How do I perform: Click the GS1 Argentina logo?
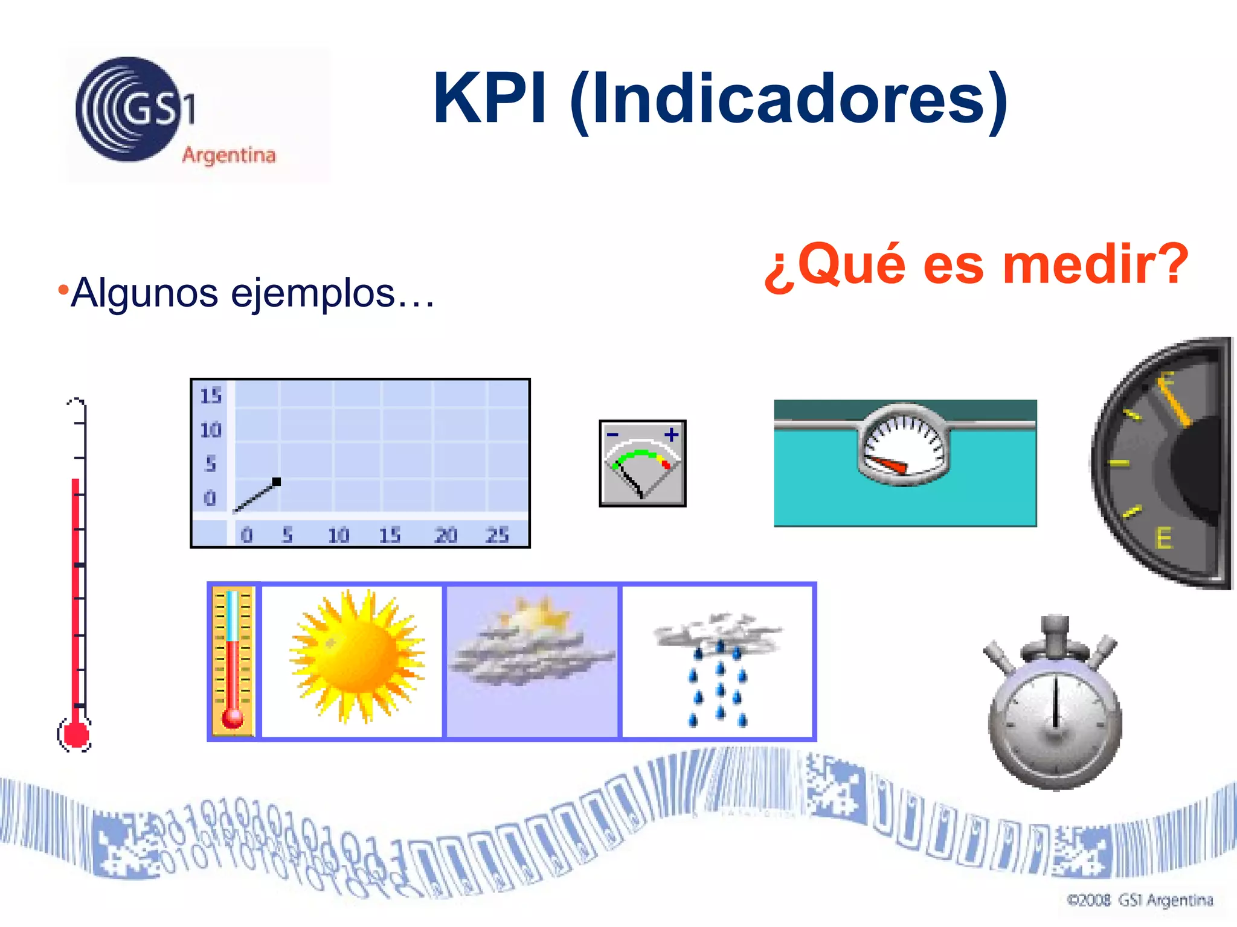click(175, 113)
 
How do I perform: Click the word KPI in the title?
click(489, 98)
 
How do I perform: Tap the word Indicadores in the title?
click(788, 100)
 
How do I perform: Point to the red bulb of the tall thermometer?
click(76, 734)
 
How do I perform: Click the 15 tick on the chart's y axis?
click(211, 396)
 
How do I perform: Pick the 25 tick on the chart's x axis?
click(497, 535)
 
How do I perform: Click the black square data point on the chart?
click(277, 482)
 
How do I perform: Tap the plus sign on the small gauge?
click(671, 435)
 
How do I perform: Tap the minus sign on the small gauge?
click(612, 435)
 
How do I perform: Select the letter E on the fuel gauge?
click(1163, 538)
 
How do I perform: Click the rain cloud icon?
click(718, 664)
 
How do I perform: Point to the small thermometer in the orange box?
click(233, 661)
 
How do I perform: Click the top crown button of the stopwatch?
click(1055, 628)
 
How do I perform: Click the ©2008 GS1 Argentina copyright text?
click(1140, 900)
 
